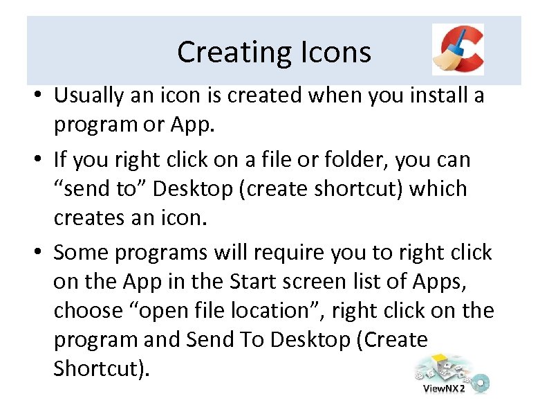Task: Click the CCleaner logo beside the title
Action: (x=458, y=49)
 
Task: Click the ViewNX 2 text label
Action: (x=443, y=388)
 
